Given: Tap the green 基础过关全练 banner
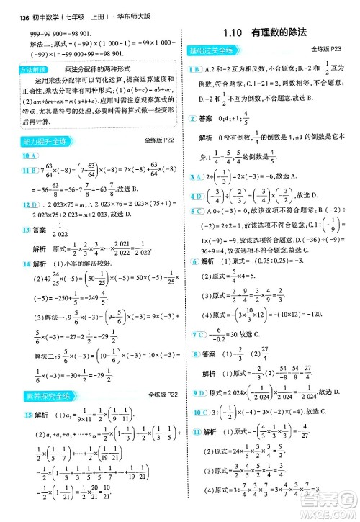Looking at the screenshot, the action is tap(210, 50).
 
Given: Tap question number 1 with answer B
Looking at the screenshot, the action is tap(192, 68).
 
